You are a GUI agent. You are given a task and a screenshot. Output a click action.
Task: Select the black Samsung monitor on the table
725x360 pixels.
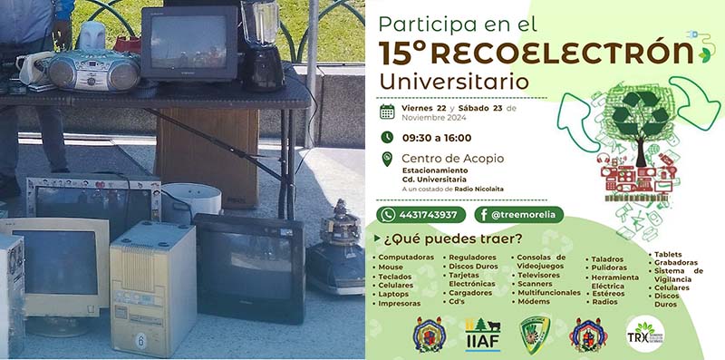188,44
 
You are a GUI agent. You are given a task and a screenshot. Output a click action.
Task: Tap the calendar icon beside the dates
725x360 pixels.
387,112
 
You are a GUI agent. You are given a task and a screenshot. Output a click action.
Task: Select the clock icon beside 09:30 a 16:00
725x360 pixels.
387,138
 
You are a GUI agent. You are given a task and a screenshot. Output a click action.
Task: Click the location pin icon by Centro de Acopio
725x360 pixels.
387,162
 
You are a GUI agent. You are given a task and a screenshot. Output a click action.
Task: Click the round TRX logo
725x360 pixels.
644,334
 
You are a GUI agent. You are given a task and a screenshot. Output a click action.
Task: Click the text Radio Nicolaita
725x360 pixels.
479,189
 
